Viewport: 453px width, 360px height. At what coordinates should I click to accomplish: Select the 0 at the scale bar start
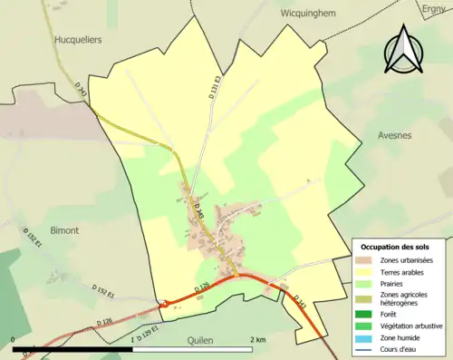tap(14, 339)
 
